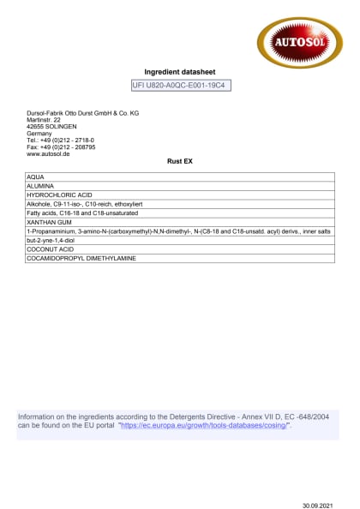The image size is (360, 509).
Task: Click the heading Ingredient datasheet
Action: [180, 72]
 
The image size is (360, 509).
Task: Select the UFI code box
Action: [181, 86]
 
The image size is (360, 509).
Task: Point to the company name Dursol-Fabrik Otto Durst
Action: [82, 113]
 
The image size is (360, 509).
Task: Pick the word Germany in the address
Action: [39, 134]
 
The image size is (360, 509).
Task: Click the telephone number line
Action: [60, 141]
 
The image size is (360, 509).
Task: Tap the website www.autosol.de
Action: [48, 154]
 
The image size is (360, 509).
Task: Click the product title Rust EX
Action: [179, 160]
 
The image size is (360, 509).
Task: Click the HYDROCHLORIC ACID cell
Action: [60, 195]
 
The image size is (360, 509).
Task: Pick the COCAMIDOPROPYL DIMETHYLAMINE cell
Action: [81, 259]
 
